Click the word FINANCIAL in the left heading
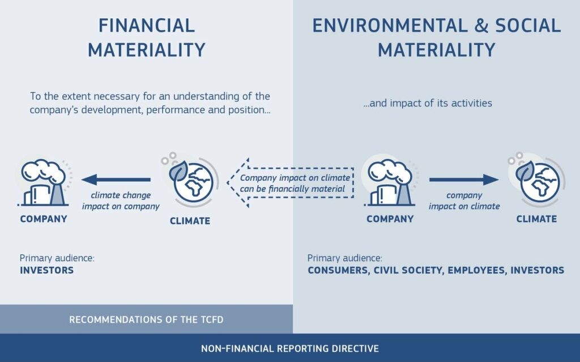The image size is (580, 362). [x=147, y=25]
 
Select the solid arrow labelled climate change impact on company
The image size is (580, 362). [x=116, y=180]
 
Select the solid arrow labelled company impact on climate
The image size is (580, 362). [x=464, y=180]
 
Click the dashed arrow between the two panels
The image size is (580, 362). [x=291, y=183]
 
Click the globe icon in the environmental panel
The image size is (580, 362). [x=536, y=180]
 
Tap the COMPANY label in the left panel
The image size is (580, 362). [x=44, y=219]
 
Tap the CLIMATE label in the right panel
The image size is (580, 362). [x=536, y=219]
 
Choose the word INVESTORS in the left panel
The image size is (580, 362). [x=46, y=270]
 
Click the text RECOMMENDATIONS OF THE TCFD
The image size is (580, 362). [x=146, y=320]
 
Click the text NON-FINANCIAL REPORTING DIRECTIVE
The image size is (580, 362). [x=290, y=348]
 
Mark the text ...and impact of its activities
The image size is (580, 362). [x=428, y=103]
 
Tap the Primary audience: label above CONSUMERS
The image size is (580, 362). [x=345, y=258]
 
